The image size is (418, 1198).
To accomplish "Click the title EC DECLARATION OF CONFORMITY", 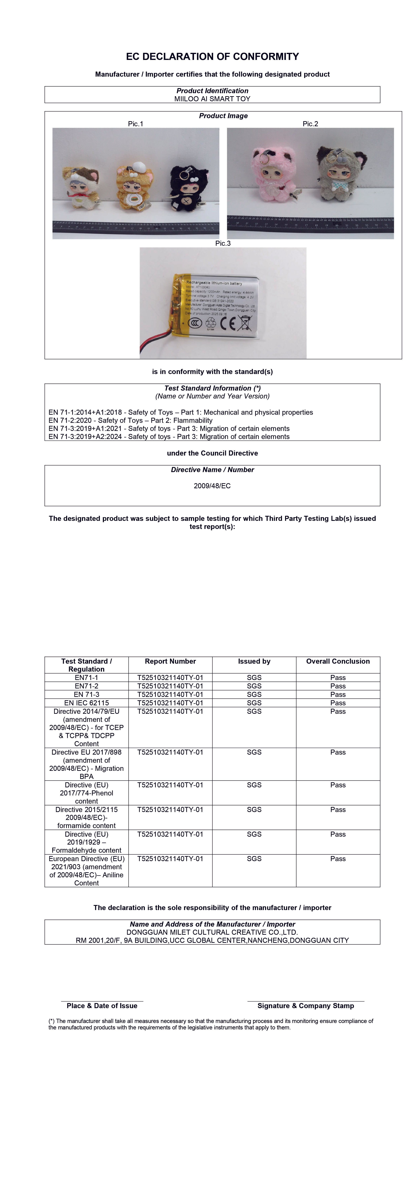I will [212, 57].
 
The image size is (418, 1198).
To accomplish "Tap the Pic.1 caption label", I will [136, 124].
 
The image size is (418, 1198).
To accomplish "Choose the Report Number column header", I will [171, 661].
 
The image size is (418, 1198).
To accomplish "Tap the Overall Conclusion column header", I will [338, 661].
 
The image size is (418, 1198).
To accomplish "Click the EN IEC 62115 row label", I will [86, 703].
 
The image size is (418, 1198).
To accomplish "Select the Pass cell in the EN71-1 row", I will [338, 678].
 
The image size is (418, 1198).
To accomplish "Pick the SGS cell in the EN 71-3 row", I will [254, 694].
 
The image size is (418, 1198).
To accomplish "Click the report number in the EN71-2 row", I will [171, 686].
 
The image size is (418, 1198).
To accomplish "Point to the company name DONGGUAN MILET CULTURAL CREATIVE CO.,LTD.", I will [212, 933].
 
